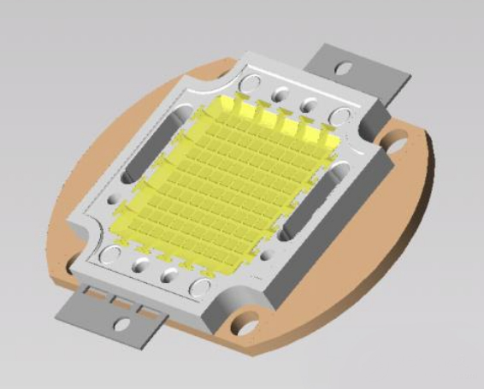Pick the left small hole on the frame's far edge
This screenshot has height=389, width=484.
279,92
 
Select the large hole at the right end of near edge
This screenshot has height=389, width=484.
202,288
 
